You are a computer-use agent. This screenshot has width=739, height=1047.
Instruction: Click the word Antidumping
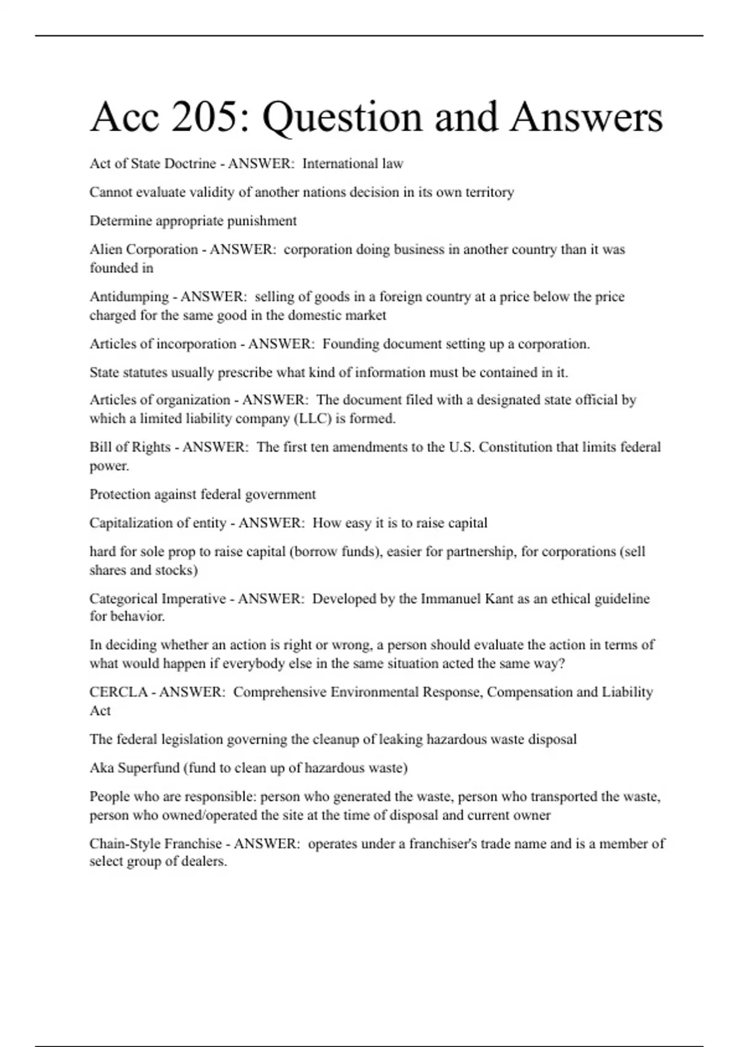click(x=128, y=297)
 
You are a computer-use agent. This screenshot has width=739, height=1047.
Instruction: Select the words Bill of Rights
click(x=130, y=447)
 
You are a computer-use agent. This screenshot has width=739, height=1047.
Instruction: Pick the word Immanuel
click(x=450, y=599)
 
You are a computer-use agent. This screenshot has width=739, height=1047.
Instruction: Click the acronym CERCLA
click(x=118, y=692)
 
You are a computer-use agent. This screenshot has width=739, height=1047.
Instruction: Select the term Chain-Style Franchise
click(x=155, y=844)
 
